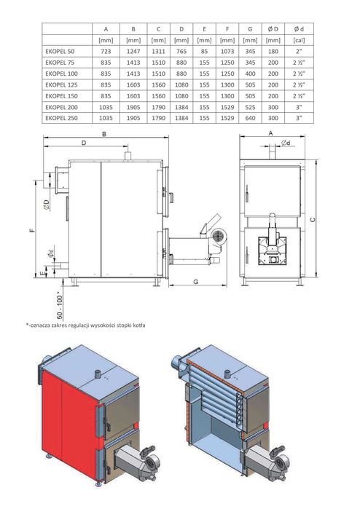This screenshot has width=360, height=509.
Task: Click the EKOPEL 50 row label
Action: pyautogui.click(x=60, y=51)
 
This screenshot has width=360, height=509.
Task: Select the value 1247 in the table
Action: pyautogui.click(x=133, y=51)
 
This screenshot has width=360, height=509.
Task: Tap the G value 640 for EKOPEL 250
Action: pyautogui.click(x=250, y=118)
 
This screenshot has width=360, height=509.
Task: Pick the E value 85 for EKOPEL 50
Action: pyautogui.click(x=204, y=51)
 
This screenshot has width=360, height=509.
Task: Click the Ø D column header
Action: pyautogui.click(x=273, y=29)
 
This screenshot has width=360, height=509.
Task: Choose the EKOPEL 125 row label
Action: pyautogui.click(x=61, y=84)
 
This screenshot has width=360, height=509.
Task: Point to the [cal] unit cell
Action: pyautogui.click(x=299, y=40)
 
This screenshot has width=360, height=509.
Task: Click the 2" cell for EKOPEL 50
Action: pyautogui.click(x=299, y=51)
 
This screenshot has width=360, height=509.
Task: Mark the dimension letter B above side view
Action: pyautogui.click(x=104, y=134)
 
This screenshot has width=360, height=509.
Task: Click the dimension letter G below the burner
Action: pyautogui.click(x=195, y=282)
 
